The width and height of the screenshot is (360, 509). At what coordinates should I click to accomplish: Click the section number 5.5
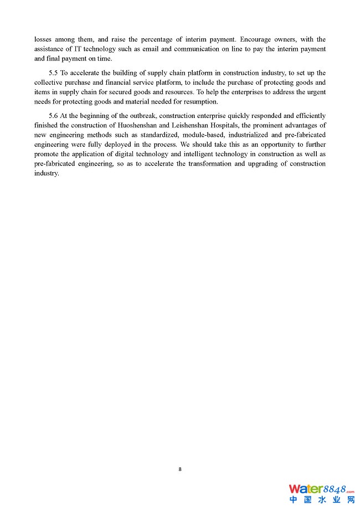tap(55, 73)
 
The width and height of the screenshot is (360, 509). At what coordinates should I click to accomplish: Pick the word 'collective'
tap(49, 83)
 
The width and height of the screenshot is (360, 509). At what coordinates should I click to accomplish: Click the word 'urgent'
tap(315, 92)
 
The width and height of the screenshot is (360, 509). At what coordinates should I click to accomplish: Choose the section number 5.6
tap(55, 116)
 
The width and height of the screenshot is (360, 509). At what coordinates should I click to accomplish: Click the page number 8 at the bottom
tap(180, 469)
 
